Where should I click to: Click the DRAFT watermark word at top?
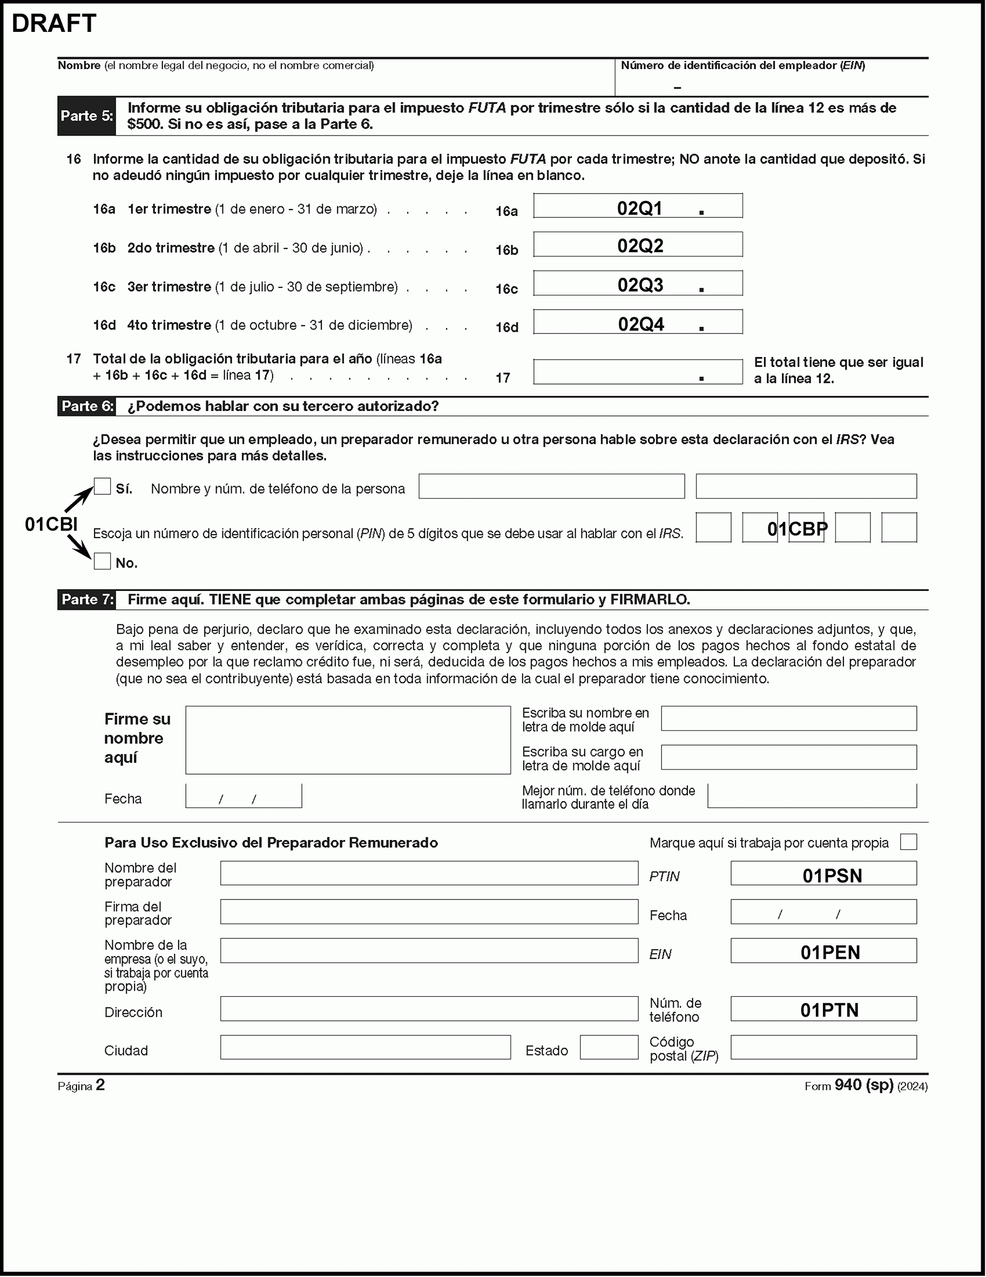click(x=54, y=23)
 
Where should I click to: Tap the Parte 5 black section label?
click(x=86, y=116)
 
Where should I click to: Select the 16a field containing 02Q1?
click(x=638, y=206)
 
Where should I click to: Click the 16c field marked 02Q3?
click(x=638, y=284)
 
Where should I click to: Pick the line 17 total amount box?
click(x=638, y=372)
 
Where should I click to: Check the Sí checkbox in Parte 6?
click(x=102, y=487)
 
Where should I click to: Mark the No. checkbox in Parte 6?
click(x=102, y=561)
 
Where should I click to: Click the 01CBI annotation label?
click(x=51, y=525)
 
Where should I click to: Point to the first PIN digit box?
click(x=713, y=527)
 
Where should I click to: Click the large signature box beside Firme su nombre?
click(x=348, y=740)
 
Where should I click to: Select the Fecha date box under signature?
click(x=244, y=796)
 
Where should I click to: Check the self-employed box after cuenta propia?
click(x=908, y=842)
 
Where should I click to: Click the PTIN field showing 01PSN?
click(x=823, y=873)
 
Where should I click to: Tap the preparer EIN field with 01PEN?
click(x=823, y=951)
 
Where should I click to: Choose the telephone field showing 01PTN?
click(x=823, y=1009)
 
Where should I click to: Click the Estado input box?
click(x=609, y=1047)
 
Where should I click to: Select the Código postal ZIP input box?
click(x=823, y=1047)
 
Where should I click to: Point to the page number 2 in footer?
click(x=100, y=1085)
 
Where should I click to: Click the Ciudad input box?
click(x=365, y=1047)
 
